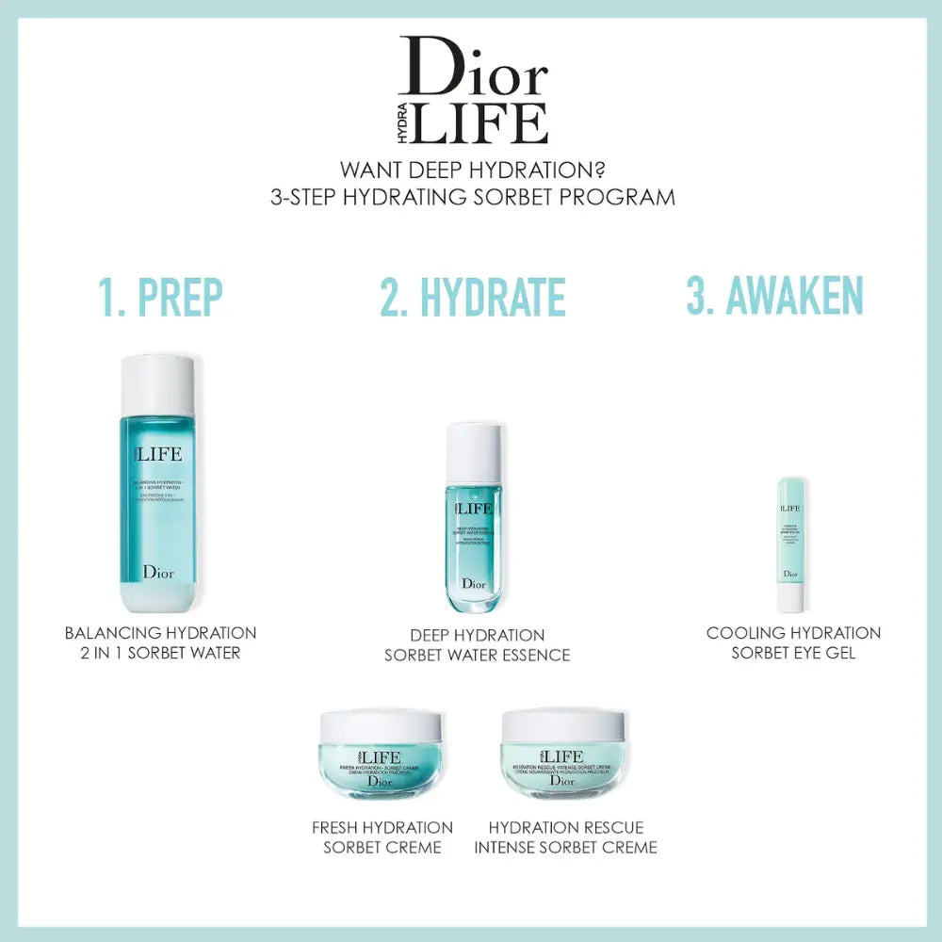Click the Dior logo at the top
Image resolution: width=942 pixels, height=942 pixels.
473,66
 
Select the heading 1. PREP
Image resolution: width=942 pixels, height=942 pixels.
160,297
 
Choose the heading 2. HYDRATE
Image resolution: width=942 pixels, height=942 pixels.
473,297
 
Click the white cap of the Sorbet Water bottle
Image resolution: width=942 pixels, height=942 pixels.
158,384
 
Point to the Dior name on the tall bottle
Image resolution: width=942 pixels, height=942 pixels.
157,571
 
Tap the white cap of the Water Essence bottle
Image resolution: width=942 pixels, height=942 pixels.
474,452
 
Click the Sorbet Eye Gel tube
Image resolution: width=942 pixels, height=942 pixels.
790,542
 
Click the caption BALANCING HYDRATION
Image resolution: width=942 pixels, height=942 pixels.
160,633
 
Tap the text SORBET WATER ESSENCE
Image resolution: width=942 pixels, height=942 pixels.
477,655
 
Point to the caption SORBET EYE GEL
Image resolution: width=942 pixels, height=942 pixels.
793,652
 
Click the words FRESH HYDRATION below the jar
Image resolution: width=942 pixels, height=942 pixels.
382,827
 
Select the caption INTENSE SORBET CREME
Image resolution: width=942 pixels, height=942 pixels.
565,847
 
